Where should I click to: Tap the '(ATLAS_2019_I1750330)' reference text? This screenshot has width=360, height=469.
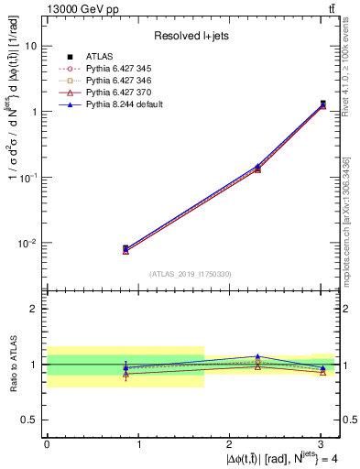[x=191, y=274]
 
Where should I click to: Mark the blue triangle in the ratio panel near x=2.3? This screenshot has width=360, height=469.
[x=257, y=356]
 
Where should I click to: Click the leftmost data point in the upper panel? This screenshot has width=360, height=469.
[x=125, y=248]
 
